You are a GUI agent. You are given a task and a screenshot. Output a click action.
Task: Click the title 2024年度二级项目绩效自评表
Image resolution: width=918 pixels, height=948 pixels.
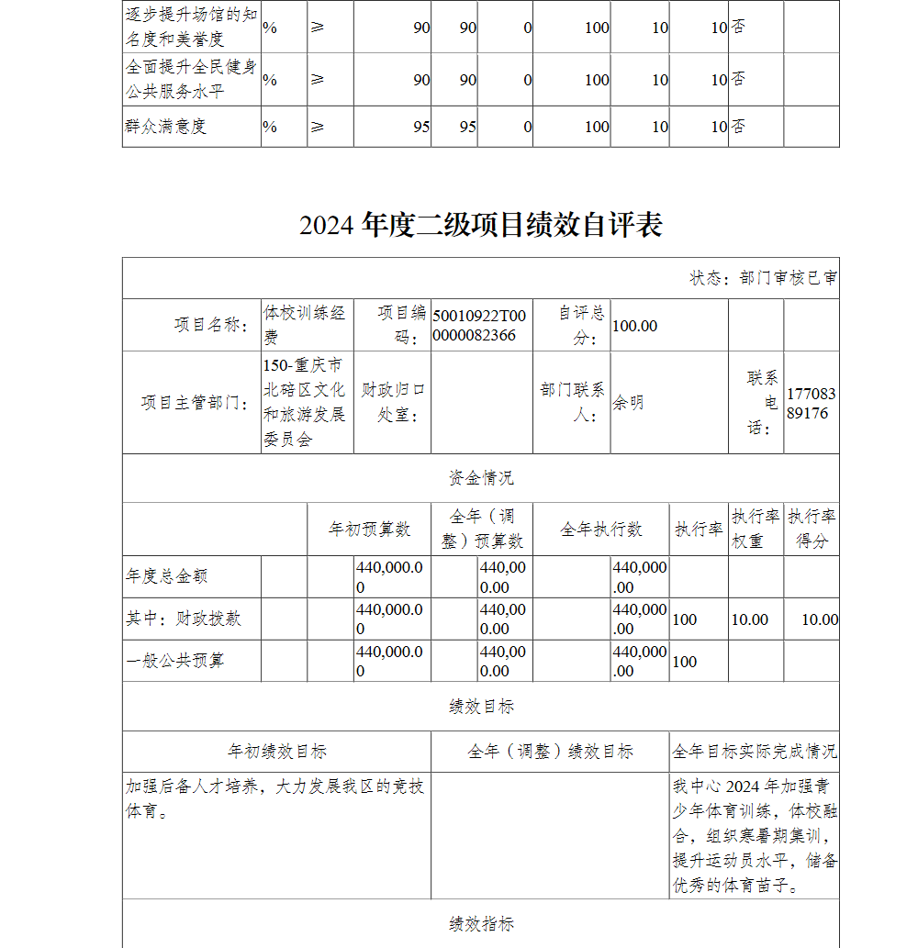pos(480,226)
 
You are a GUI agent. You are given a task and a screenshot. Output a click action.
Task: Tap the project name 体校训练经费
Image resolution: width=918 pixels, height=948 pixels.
pos(305,325)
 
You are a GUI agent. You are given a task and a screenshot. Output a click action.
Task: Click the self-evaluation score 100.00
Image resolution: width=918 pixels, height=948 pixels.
pos(634,326)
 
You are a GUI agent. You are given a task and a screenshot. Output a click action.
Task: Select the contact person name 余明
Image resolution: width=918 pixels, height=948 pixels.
pos(628,403)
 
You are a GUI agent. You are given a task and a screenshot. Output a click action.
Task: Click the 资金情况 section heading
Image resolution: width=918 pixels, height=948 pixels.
pos(480,478)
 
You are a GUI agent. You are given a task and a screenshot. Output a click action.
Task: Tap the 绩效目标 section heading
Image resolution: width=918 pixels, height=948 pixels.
pos(480,707)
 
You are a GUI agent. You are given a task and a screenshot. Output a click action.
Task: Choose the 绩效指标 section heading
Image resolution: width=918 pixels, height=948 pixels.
pos(480,924)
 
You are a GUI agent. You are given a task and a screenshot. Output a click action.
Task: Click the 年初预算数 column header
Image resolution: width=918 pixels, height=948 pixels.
pos(369,530)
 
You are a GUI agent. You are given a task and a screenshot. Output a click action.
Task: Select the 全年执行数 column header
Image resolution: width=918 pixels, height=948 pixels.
pos(601,530)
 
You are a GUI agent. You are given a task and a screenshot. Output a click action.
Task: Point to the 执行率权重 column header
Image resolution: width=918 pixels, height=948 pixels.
pos(756,529)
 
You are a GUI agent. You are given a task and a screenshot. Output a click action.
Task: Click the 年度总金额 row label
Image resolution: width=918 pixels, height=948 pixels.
pos(167,576)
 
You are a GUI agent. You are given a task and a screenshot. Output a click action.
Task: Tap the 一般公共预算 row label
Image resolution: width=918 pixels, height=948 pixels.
pos(175,661)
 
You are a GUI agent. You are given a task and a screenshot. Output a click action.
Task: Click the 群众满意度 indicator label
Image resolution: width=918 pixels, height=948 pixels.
pos(166,127)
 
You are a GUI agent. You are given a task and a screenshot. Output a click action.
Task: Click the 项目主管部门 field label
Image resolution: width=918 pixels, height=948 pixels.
pos(195,403)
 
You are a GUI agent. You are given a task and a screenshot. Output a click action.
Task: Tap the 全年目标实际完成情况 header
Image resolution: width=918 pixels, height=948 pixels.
pos(754,752)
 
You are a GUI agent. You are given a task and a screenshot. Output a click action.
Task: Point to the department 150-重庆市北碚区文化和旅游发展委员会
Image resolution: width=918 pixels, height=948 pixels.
pos(305,403)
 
